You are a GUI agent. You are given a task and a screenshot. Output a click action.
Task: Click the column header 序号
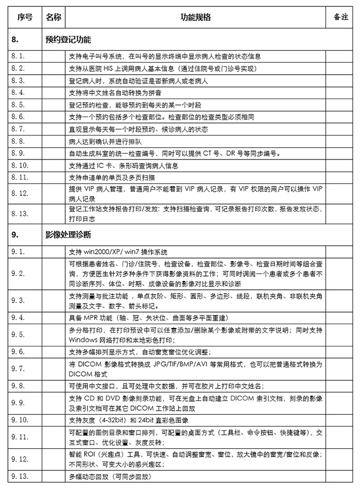point(25,17)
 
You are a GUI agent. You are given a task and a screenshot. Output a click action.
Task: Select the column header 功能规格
point(195,17)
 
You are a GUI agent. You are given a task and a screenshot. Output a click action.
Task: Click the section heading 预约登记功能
point(68,40)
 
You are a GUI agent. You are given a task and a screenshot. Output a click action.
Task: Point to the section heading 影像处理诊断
point(68,234)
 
